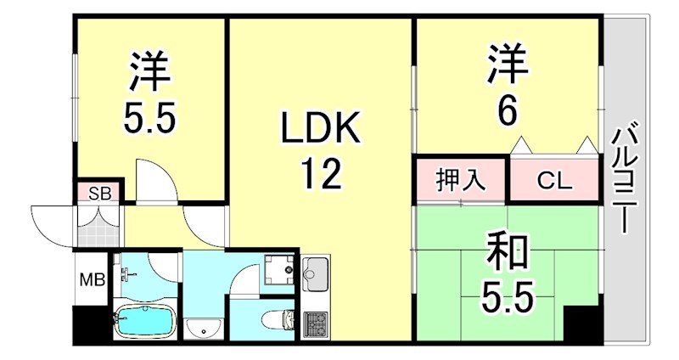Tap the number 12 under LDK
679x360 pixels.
pyautogui.click(x=320, y=175)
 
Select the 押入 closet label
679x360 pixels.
pyautogui.click(x=461, y=180)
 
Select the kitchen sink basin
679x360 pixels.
pyautogui.click(x=314, y=273)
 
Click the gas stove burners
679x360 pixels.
pyautogui.click(x=314, y=323)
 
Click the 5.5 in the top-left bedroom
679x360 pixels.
pyautogui.click(x=150, y=117)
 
